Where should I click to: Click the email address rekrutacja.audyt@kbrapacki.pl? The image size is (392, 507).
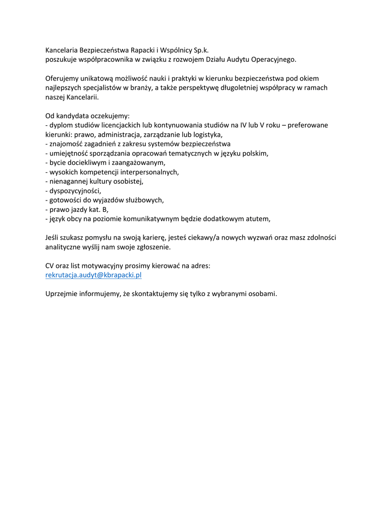94,275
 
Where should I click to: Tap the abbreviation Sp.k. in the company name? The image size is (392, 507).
199,50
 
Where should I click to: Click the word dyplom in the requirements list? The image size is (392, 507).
60,125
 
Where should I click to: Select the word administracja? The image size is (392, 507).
120,135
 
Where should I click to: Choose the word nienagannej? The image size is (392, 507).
68,182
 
